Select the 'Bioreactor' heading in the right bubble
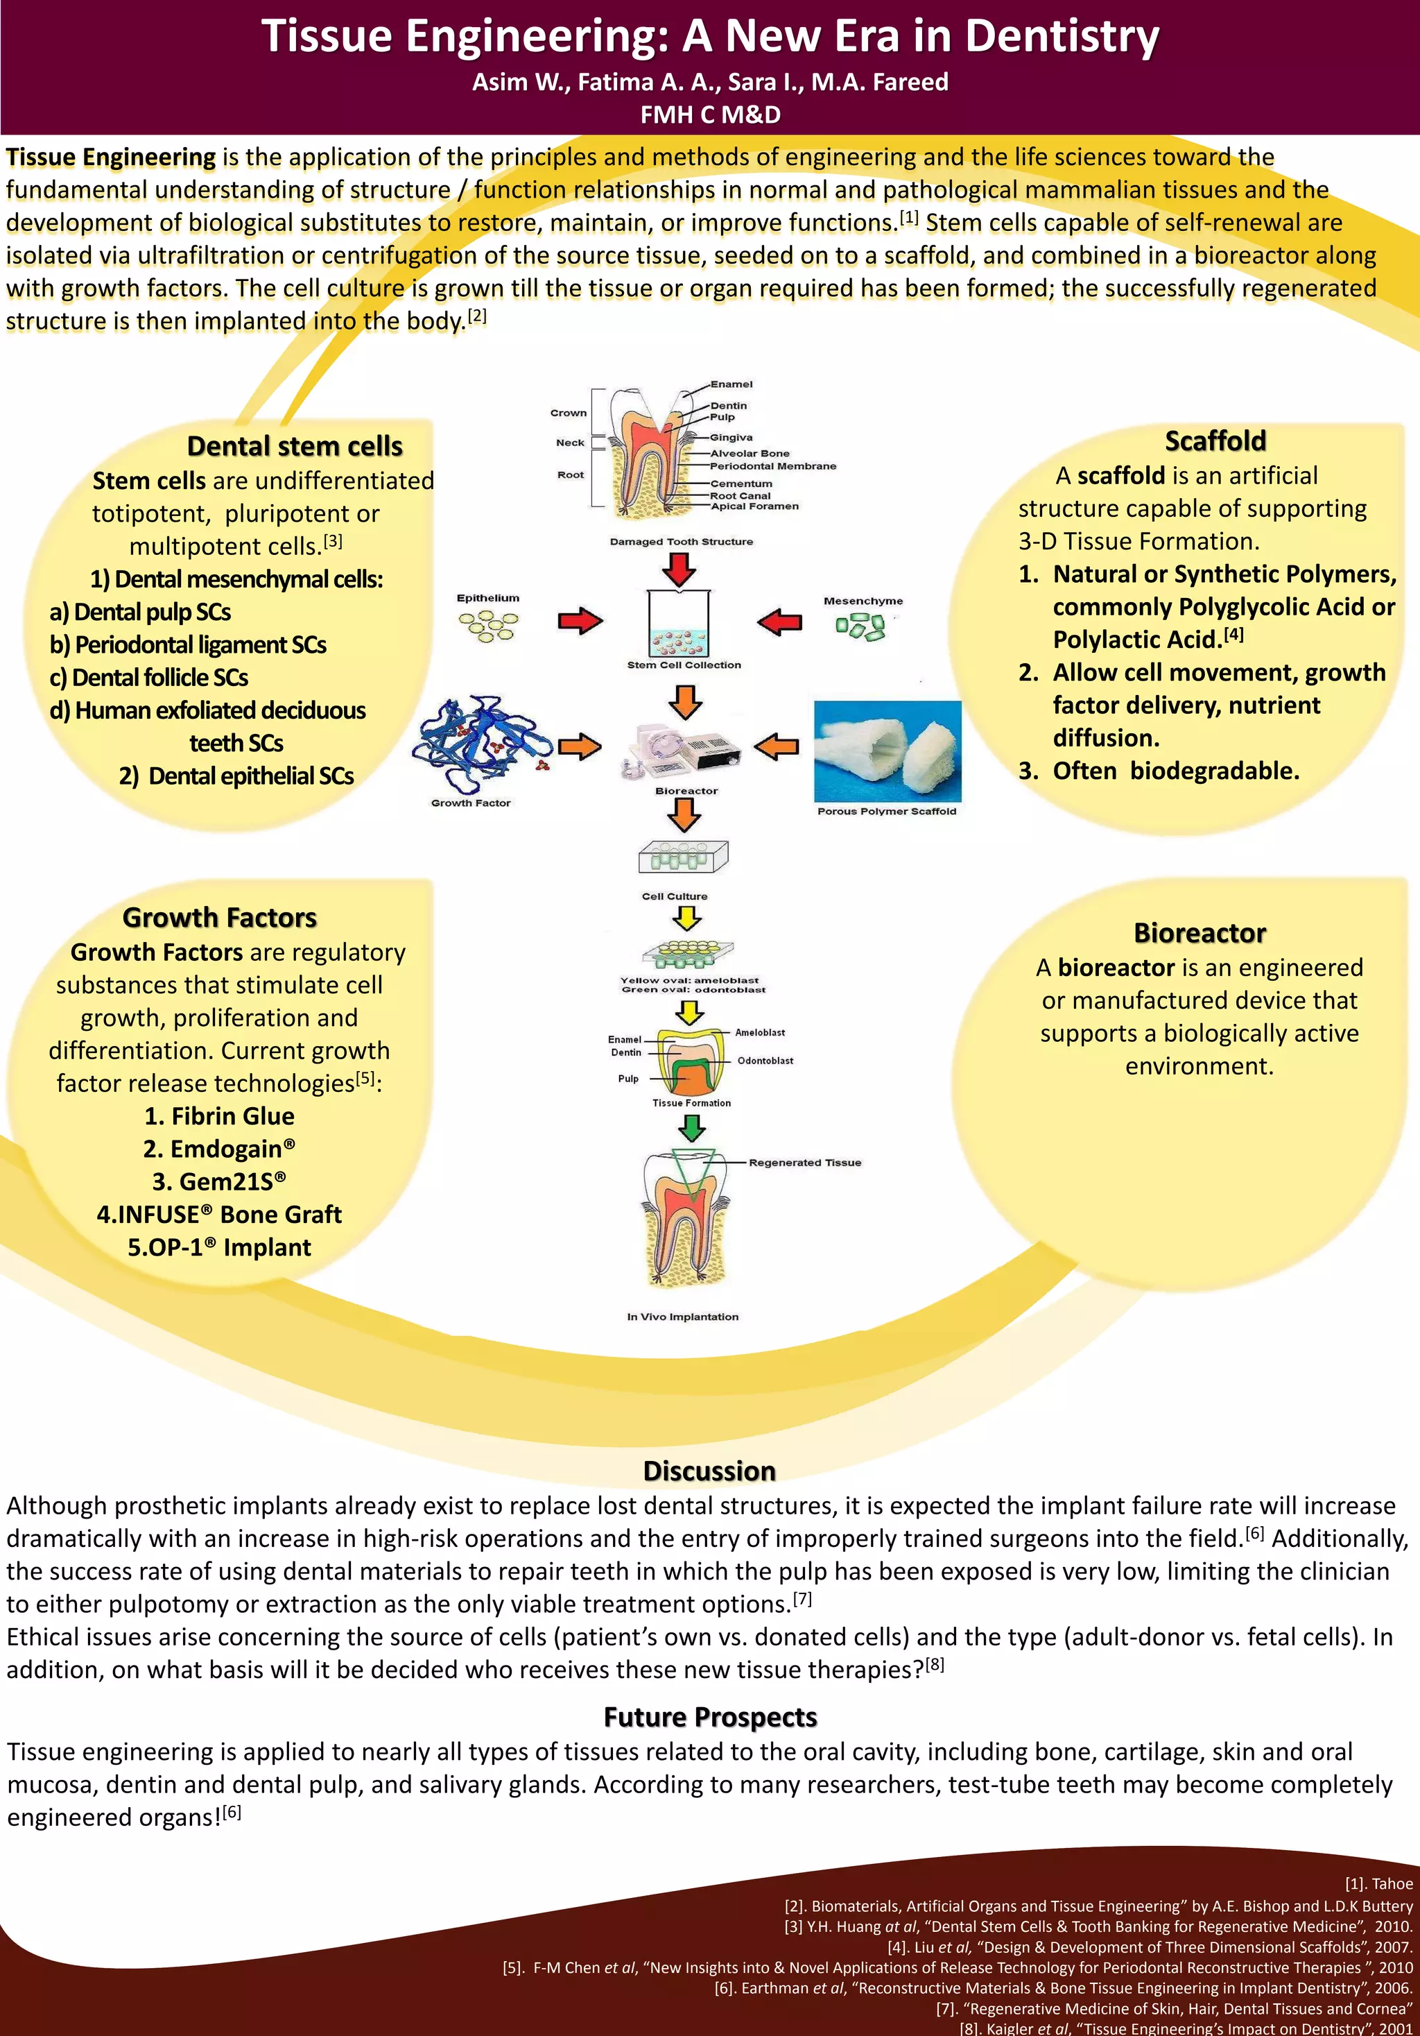pos(1200,933)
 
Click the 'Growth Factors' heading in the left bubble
pos(219,917)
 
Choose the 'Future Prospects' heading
pos(709,1718)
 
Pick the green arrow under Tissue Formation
pos(691,1128)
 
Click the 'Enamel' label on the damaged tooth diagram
pos(731,384)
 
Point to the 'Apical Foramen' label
pos(754,506)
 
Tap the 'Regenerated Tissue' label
pos(805,1163)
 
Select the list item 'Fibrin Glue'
pos(219,1115)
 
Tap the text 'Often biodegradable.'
pos(1175,771)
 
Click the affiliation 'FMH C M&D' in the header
pos(710,114)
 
